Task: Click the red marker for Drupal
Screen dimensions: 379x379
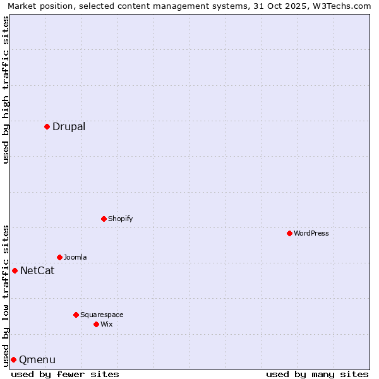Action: (47, 126)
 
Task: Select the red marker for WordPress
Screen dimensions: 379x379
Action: (289, 233)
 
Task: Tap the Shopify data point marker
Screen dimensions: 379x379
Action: (104, 219)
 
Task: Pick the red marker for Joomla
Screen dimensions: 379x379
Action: (59, 257)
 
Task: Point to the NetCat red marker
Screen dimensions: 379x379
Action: (15, 270)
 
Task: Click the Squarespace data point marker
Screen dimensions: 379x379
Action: (76, 315)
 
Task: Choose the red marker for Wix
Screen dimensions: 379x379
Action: (96, 324)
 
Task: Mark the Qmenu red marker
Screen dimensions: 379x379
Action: (13, 359)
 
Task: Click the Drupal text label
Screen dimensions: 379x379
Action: (69, 126)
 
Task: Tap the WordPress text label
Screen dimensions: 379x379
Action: (311, 233)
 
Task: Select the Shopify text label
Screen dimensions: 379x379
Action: (120, 219)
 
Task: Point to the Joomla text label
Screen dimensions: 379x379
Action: (75, 257)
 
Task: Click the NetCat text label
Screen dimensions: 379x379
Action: (37, 271)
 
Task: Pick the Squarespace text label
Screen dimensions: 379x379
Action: (102, 315)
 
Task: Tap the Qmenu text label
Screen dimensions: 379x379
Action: (37, 360)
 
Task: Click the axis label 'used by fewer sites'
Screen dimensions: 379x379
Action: (65, 374)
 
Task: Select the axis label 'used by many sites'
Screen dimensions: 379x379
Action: (317, 374)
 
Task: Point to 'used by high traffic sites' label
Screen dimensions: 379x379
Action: (6, 90)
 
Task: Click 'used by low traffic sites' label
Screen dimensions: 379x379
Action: (6, 295)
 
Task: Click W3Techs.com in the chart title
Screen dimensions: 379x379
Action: (339, 6)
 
